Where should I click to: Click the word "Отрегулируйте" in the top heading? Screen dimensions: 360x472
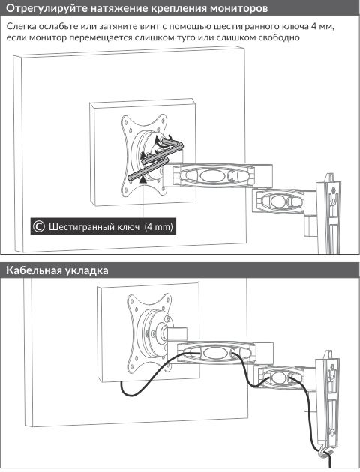coord(41,8)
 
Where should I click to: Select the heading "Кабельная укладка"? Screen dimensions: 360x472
coord(57,270)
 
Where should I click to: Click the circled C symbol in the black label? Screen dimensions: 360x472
coord(39,226)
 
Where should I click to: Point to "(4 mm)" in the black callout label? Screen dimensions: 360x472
coord(159,226)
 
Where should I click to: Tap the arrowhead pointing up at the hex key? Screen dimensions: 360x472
coord(142,178)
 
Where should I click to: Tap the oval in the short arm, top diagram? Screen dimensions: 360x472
coord(279,201)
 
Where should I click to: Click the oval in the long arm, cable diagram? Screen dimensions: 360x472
coord(213,353)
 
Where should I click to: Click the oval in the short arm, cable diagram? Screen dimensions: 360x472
coord(279,378)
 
